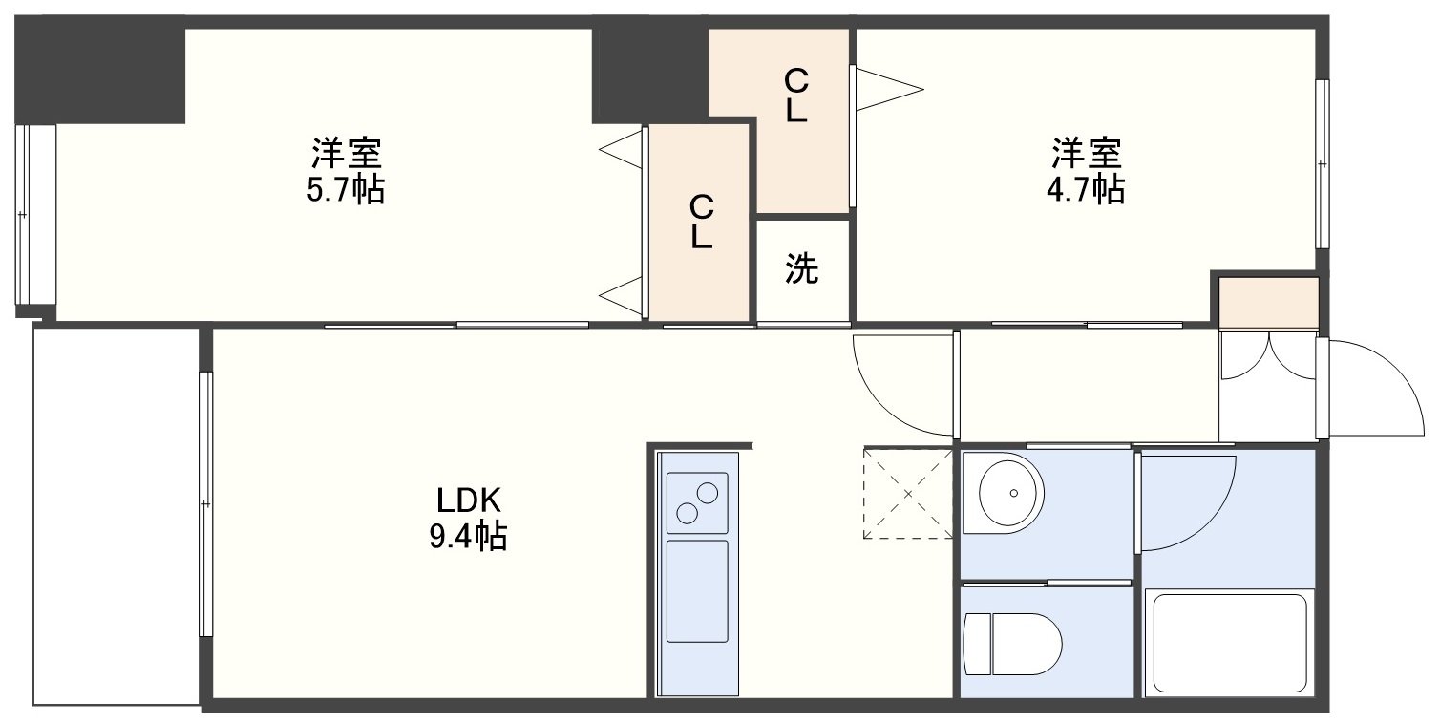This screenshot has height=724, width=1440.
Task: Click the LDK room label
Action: pyautogui.click(x=468, y=500)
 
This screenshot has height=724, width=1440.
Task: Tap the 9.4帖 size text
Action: pyautogui.click(x=468, y=537)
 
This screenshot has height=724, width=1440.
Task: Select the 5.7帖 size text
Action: pyautogui.click(x=346, y=190)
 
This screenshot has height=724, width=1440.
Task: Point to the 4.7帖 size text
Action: pyautogui.click(x=1086, y=190)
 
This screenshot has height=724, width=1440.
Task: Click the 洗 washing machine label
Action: pyautogui.click(x=801, y=268)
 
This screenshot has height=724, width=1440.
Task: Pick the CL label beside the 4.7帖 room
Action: pyautogui.click(x=795, y=96)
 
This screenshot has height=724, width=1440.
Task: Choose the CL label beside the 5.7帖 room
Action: pyautogui.click(x=701, y=222)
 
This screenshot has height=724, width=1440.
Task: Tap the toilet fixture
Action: pyautogui.click(x=1012, y=644)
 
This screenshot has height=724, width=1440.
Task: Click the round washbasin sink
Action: pyautogui.click(x=1011, y=493)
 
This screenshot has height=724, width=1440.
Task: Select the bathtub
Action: pyautogui.click(x=1230, y=643)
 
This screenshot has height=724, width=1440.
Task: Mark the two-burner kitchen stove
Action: pyautogui.click(x=697, y=502)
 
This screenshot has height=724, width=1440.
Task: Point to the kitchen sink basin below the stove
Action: pyautogui.click(x=697, y=591)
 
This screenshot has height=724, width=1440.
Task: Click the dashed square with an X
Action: pyautogui.click(x=908, y=493)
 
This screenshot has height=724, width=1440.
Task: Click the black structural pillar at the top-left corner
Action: pyautogui.click(x=99, y=70)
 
